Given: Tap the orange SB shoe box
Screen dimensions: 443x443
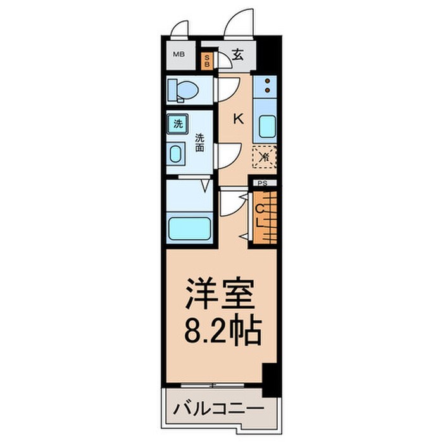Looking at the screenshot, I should coord(206,61).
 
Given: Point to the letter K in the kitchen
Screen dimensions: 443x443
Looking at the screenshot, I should coord(239,118).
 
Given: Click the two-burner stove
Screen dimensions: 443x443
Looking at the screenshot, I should coord(268,85).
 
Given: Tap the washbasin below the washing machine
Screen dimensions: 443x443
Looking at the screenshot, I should coord(177,154).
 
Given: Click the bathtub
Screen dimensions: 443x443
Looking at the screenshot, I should coord(190,227).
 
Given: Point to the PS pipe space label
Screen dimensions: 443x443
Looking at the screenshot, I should coord(263,184).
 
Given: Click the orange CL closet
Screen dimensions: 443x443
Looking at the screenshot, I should coord(264,216).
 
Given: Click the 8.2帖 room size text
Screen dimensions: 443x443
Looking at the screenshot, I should coord(222,330).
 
